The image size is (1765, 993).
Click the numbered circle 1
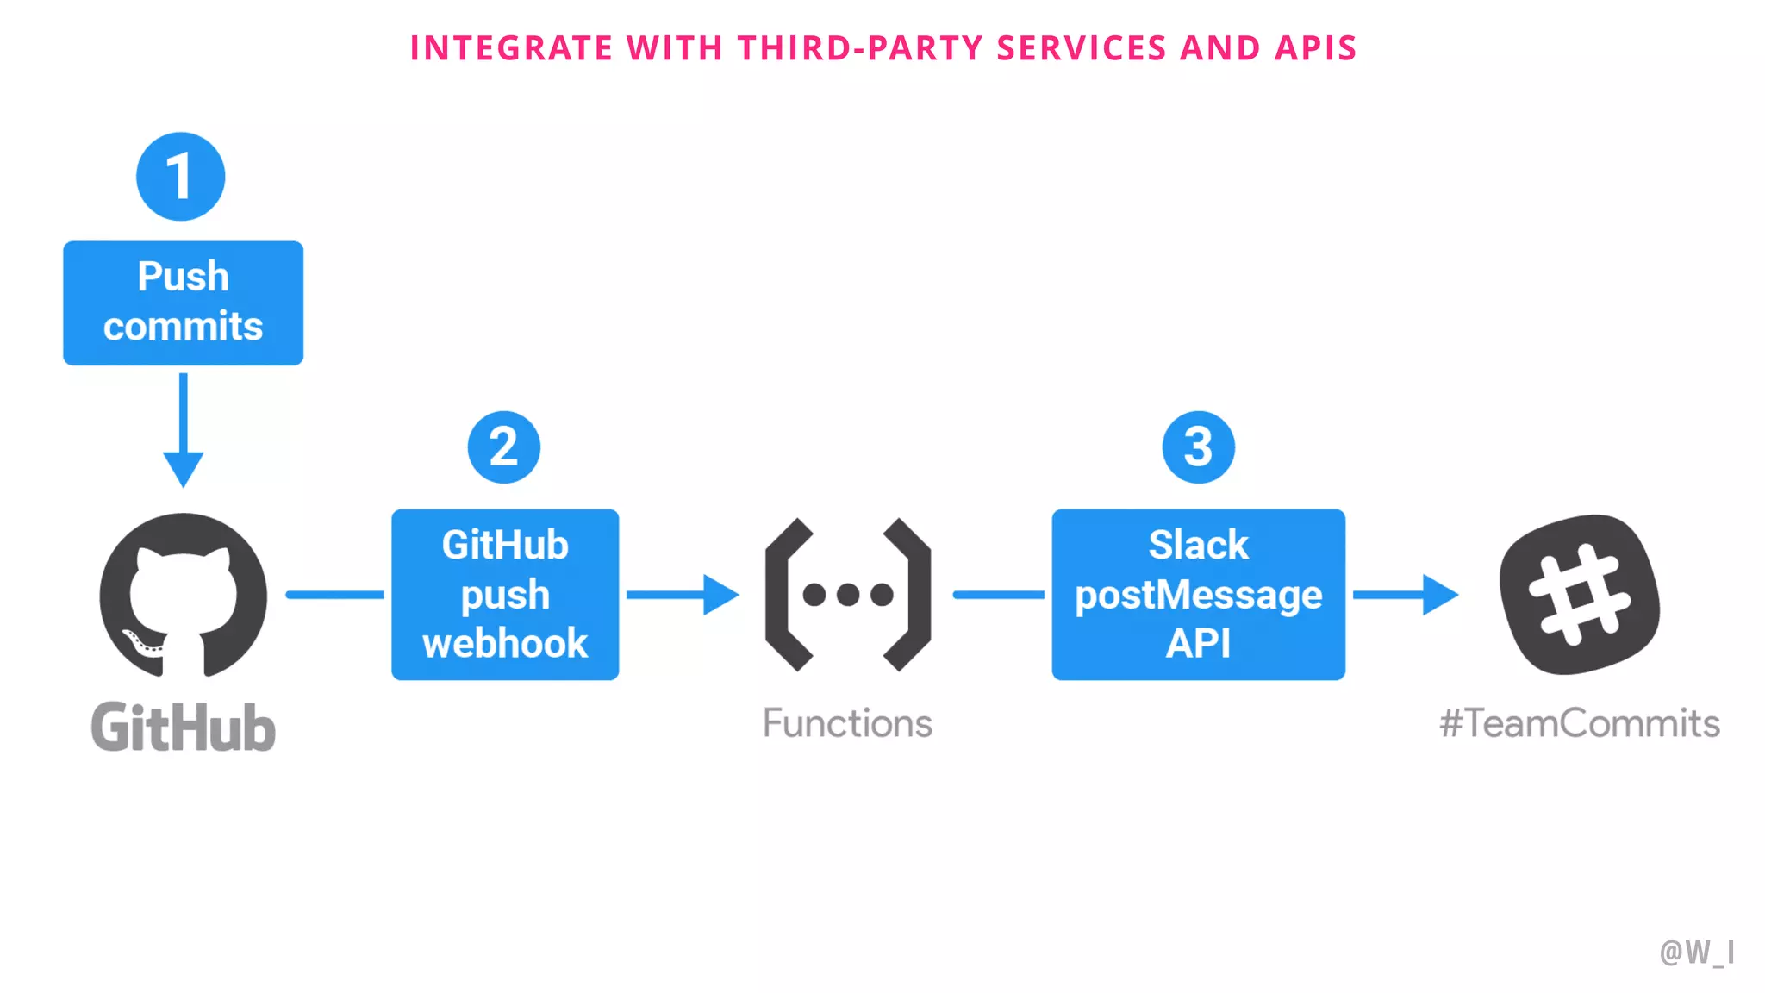pos(180,177)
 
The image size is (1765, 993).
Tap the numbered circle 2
pos(504,447)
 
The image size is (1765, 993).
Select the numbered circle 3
pos(1198,447)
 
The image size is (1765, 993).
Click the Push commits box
pos(183,303)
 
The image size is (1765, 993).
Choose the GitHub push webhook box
pos(505,594)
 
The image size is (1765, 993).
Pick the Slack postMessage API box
pos(1198,594)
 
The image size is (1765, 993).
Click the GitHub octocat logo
pos(183,595)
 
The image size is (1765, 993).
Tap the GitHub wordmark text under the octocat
pos(183,727)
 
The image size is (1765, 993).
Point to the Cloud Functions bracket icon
pos(848,594)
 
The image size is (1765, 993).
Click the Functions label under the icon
pos(847,722)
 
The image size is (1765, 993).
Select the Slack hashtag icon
pos(1579,594)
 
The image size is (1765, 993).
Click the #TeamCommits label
pos(1579,722)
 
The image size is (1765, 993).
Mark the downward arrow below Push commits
pos(183,431)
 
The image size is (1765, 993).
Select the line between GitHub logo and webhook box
pos(334,594)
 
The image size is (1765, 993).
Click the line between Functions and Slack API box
pos(998,594)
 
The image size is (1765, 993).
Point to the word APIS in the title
pos(1316,48)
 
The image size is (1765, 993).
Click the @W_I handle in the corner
pos(1696,952)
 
